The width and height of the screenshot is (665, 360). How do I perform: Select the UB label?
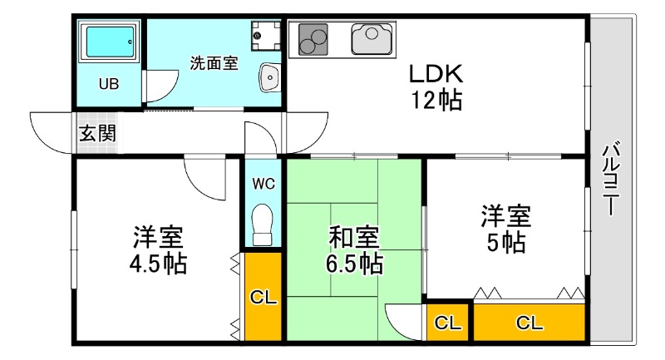tap(109, 83)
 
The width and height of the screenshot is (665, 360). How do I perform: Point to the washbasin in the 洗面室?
tap(271, 77)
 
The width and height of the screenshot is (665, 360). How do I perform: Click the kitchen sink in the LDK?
tap(372, 38)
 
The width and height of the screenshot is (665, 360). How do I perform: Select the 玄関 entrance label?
tap(97, 134)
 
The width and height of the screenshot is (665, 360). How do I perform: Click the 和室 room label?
tap(354, 238)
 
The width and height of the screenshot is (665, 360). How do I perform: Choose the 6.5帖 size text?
tap(354, 264)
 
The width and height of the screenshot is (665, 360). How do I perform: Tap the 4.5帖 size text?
tap(157, 264)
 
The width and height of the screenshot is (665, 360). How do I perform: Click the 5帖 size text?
tap(505, 243)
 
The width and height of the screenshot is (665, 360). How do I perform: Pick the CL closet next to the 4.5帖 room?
tap(264, 295)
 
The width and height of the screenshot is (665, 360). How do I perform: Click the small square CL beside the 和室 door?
tap(449, 323)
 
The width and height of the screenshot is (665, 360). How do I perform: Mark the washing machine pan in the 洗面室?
tap(266, 34)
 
